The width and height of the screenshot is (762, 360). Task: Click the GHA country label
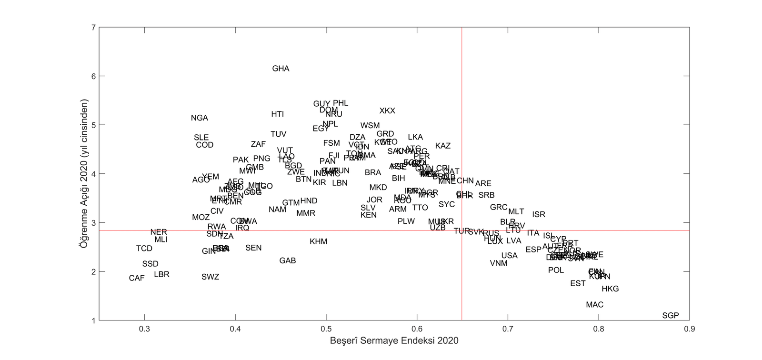coord(281,69)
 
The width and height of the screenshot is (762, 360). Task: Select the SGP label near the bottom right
coord(670,316)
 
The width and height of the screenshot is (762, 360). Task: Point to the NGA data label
coord(200,118)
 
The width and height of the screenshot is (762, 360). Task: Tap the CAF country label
coord(137,278)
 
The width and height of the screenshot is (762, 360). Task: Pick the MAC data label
coord(594,305)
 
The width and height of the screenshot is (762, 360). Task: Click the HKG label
coord(610,289)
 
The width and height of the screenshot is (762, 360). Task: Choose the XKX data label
coord(387,111)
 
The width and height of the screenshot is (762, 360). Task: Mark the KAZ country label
coord(443,146)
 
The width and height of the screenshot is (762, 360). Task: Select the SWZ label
coord(210,277)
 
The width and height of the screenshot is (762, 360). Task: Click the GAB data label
coord(288,261)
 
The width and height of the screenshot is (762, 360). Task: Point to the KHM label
coord(319,242)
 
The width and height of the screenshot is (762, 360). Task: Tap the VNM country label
coord(499,263)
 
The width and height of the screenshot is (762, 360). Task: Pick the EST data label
coord(578,284)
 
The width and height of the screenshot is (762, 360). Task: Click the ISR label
coord(539,215)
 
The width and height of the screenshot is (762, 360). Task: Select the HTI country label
coord(278,114)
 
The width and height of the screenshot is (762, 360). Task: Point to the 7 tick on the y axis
coord(93,28)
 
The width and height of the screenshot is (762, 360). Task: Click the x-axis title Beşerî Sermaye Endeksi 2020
coord(394,341)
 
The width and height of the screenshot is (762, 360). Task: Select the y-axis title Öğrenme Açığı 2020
coord(84,173)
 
